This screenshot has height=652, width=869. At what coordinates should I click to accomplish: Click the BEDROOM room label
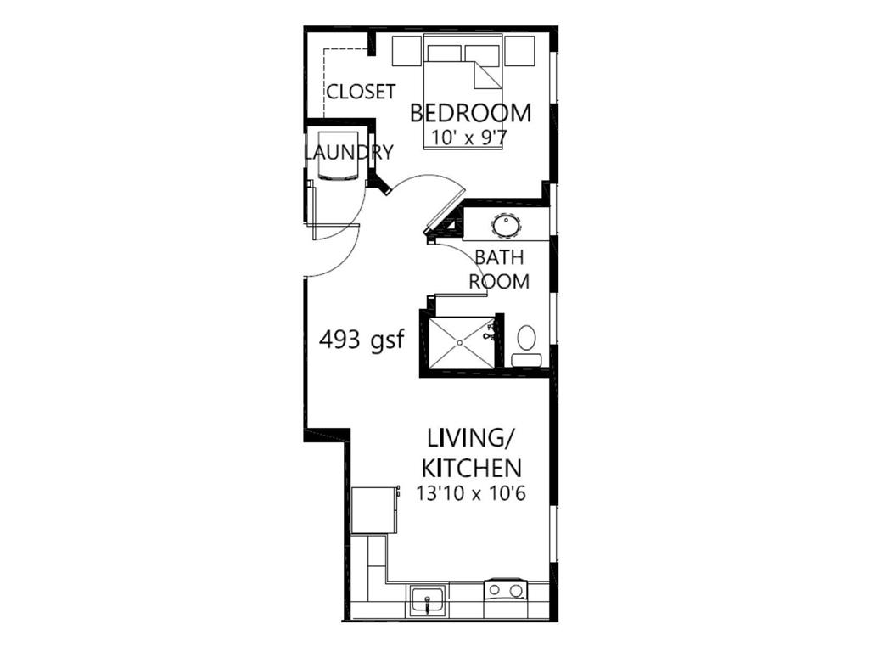coord(471,113)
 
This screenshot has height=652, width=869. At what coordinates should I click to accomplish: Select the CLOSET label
coord(361,92)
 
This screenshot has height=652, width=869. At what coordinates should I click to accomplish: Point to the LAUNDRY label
coord(349,153)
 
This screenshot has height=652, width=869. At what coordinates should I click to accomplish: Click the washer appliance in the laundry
coord(337,156)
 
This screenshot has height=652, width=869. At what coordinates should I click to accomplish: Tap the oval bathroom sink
coord(507,226)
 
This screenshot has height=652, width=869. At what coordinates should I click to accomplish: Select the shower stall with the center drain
coord(461,343)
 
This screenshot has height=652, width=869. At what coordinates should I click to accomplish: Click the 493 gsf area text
coord(361,340)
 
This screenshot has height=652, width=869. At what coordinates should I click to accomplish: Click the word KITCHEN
coord(471,467)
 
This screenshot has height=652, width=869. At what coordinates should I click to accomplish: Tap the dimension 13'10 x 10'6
coord(471,492)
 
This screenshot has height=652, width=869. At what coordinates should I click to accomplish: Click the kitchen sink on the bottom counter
coord(427,601)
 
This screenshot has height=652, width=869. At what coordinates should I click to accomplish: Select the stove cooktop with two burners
coord(505,589)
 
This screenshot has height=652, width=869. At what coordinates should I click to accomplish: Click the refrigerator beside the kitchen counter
coord(373,509)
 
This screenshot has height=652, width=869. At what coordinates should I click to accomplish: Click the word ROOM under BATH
coord(500,281)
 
